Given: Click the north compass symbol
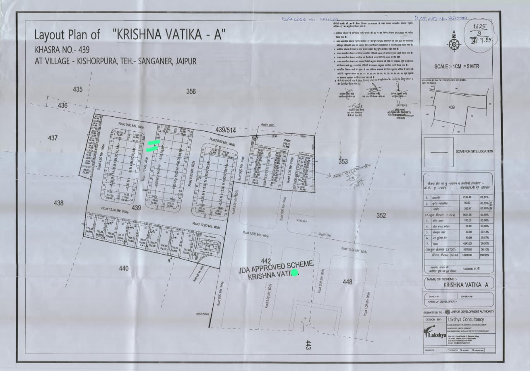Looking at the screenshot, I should [x=454, y=43].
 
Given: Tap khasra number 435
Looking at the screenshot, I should [x=78, y=89].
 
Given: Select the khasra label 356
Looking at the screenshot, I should [x=191, y=92].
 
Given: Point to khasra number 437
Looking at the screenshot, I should [x=53, y=137].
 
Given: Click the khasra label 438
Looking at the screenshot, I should [x=58, y=203].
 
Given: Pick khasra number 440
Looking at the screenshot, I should [x=123, y=268].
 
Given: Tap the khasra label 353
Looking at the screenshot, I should [x=343, y=161].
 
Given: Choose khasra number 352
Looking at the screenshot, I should [x=381, y=215].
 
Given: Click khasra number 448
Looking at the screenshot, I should [x=347, y=282].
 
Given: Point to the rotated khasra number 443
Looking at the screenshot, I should [x=308, y=345].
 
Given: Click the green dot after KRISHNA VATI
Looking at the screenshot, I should [x=295, y=272].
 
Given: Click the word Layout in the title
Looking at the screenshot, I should [x=50, y=35].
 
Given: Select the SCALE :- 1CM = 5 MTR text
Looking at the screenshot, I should [x=457, y=66].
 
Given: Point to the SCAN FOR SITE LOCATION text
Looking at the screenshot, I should [x=474, y=152].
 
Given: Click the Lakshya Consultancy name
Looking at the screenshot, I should [x=464, y=320].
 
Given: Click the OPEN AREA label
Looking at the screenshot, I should [x=204, y=314].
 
